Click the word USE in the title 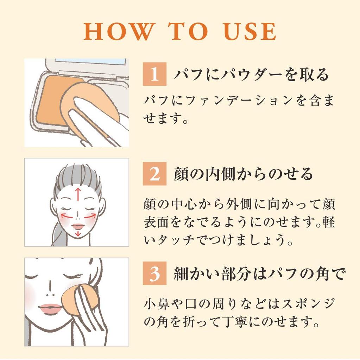[x=250, y=32]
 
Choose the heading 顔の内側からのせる [x=243, y=174]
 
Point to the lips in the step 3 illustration [x=50, y=309]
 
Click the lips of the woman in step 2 [x=78, y=226]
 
